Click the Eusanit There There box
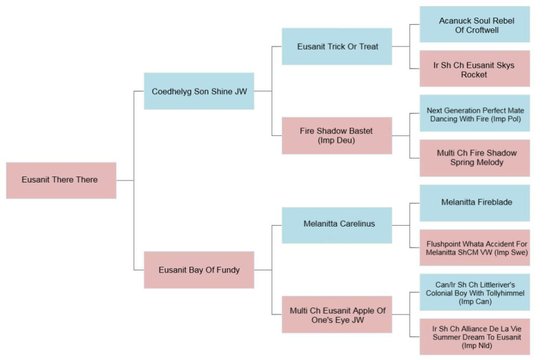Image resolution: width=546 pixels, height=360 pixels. coord(61,180)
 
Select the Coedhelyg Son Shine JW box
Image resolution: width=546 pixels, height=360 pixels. coord(199,91)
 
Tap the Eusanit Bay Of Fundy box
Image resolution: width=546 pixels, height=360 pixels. coord(199,270)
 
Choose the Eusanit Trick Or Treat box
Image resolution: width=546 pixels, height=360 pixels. coord(337,46)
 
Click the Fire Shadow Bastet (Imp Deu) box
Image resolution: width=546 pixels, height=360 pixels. coord(337,135)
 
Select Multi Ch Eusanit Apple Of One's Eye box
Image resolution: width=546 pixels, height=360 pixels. coord(337,315)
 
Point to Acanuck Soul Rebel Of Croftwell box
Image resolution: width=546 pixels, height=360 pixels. coord(475,25)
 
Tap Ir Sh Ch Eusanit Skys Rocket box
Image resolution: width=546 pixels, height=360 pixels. coord(475,69)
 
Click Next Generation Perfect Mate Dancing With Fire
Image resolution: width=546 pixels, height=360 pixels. coord(475,114)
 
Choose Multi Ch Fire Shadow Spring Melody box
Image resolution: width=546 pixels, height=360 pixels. coord(475,158)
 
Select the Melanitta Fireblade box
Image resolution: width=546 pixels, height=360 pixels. coord(475,203)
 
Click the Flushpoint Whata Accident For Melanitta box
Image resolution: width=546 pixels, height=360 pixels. coord(475,247)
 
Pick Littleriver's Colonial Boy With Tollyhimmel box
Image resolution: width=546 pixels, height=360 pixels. coord(475,292)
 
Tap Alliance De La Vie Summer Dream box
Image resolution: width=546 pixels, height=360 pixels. coord(475,337)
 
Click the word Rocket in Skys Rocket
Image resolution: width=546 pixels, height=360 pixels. coord(474,75)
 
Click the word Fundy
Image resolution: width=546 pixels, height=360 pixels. coord(228,270)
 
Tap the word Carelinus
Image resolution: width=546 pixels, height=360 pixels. coord(357,224)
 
